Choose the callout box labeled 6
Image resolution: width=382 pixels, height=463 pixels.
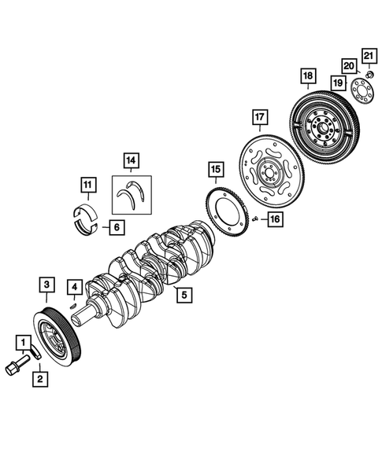tap(115, 228)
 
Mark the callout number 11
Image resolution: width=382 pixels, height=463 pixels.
tap(88, 185)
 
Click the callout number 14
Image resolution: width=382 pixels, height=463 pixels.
tap(130, 163)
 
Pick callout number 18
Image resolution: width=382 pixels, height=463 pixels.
tap(308, 75)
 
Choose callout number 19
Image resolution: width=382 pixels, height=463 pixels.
tap(337, 83)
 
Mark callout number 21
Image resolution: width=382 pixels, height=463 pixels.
tap(369, 54)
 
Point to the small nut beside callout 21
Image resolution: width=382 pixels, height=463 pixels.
tap(367, 74)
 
